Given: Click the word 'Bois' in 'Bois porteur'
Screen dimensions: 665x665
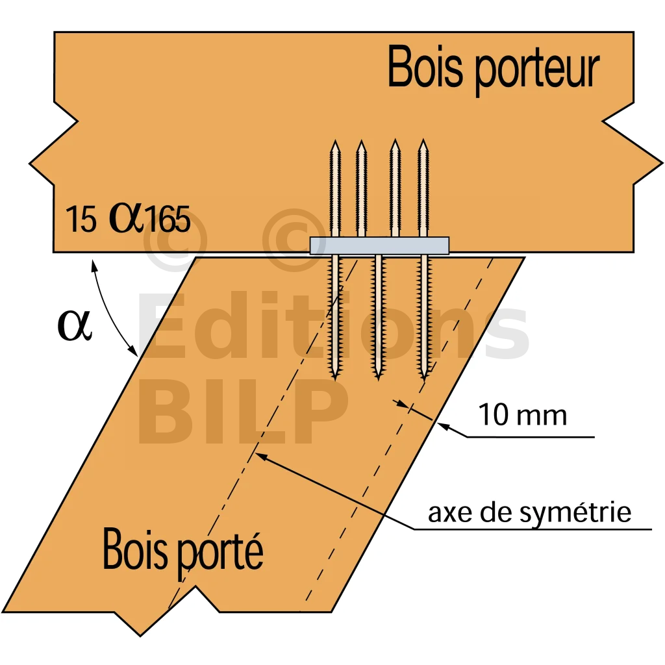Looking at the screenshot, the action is (x=425, y=67).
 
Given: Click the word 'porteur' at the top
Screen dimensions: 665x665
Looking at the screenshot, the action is (x=536, y=72).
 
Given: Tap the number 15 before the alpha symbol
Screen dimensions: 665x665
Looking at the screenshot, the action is (x=81, y=219).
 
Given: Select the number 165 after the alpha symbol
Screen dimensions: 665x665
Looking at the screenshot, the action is (x=168, y=219).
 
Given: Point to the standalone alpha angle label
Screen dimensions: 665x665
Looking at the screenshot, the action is (x=74, y=325).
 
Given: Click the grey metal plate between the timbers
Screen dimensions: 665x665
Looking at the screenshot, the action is (x=379, y=245).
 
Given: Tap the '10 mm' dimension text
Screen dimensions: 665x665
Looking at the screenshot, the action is (x=523, y=414).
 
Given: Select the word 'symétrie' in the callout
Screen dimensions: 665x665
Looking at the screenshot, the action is (x=575, y=513).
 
